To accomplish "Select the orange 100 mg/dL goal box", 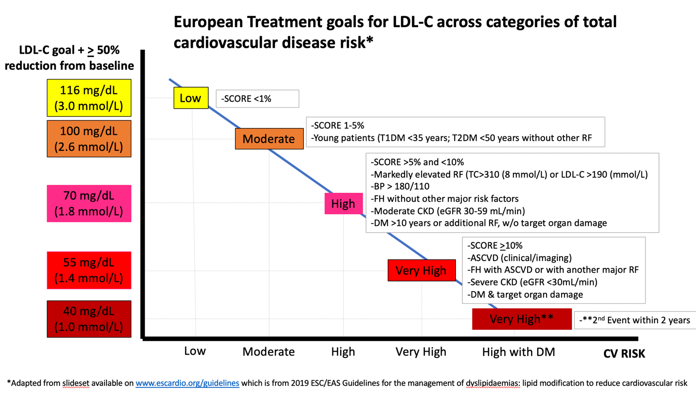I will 89,139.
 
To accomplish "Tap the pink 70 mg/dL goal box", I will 89,204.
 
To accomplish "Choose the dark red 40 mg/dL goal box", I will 89,319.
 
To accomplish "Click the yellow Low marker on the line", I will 190,98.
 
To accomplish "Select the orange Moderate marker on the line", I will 269,139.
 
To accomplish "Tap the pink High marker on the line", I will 343,204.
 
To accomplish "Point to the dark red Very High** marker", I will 521,319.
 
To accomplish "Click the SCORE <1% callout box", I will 257,98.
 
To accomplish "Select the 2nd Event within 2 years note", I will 635,320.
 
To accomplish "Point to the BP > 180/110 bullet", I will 400,186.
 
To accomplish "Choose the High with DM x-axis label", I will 518,352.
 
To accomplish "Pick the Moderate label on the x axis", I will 269,352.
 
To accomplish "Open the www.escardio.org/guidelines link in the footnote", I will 187,383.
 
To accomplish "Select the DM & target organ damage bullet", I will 525,294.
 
